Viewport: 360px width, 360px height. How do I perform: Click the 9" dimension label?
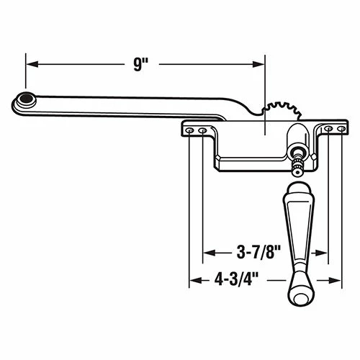click(x=140, y=63)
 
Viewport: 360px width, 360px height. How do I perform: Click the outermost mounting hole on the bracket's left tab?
click(x=192, y=130)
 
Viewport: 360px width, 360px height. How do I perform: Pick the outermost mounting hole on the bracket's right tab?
click(x=338, y=130)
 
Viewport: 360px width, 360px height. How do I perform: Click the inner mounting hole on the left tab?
click(x=203, y=130)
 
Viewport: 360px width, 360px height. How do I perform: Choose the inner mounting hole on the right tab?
click(x=328, y=130)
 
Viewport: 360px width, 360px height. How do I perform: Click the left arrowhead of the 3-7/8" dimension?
click(x=208, y=253)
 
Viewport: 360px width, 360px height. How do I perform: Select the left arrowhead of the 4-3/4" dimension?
click(x=193, y=279)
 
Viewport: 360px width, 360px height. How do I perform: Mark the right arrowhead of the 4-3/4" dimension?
click(x=335, y=279)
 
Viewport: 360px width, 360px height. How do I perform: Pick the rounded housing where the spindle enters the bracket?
click(x=297, y=137)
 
